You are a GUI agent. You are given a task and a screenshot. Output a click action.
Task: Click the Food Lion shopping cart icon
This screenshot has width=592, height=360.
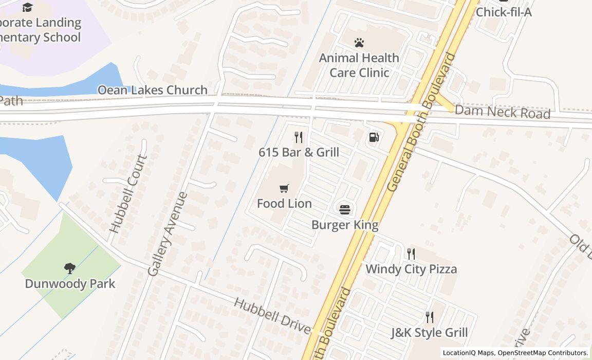[284, 189]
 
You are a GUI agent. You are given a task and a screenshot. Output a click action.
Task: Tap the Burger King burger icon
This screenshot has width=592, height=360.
[345, 209]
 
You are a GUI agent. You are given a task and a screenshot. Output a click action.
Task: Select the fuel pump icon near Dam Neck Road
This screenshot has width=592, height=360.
[374, 137]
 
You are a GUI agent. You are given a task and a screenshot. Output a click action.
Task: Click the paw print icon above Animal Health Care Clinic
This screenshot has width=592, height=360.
[359, 43]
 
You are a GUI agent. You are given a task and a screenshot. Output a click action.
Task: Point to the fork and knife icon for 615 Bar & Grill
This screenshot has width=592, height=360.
[298, 137]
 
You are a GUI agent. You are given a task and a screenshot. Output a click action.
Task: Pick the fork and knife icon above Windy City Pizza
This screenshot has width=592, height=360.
[411, 254]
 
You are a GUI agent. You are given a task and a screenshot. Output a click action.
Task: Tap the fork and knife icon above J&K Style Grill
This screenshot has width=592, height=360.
[430, 317]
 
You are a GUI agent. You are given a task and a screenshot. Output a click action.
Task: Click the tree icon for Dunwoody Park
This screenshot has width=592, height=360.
[70, 268]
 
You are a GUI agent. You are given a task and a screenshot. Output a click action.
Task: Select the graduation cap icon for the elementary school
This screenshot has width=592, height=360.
[27, 7]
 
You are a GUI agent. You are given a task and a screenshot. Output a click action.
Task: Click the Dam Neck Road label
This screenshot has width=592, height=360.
[502, 112]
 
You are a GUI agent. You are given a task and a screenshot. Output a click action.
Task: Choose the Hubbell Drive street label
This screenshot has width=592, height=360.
[272, 315]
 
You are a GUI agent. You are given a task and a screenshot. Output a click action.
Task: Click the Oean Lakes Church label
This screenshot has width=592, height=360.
[153, 90]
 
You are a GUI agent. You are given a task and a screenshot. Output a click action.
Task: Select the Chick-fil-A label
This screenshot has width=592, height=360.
[504, 12]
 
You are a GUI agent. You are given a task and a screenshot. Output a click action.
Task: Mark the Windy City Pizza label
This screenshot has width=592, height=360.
[411, 269]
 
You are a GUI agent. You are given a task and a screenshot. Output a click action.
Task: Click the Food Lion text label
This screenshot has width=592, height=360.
[284, 204]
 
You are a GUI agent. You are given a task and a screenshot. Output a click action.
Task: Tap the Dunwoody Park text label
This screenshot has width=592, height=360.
[70, 283]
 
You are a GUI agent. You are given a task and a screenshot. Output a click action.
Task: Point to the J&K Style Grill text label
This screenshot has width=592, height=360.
[430, 333]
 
